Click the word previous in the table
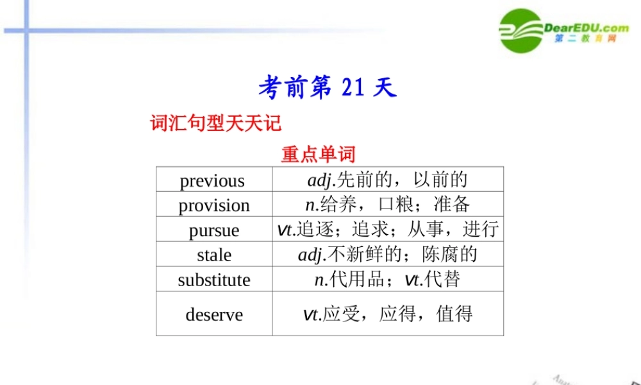click(212, 181)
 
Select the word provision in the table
click(214, 205)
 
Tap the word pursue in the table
click(214, 230)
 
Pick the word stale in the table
click(214, 255)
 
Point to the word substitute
click(214, 280)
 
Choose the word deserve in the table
click(214, 314)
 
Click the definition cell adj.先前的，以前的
click(387, 180)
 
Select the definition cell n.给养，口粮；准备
click(387, 205)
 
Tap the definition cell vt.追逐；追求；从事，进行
click(387, 230)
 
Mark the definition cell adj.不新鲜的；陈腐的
click(387, 255)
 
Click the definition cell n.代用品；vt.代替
click(387, 280)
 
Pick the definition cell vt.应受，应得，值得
click(387, 314)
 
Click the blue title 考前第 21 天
click(328, 88)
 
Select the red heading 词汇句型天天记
click(216, 123)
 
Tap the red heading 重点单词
click(318, 155)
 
